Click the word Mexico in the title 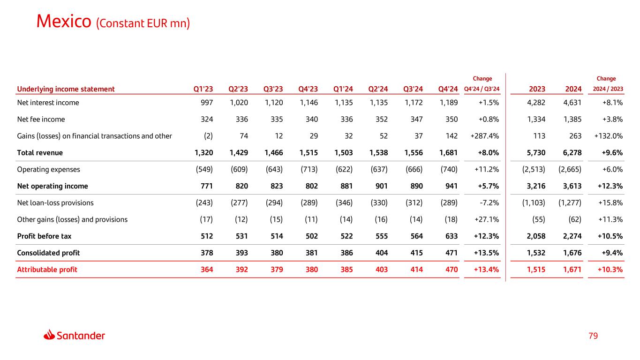(x=64, y=21)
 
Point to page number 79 (x=593, y=336)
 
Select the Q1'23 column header (x=203, y=89)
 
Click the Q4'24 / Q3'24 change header (x=482, y=90)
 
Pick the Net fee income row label (x=41, y=119)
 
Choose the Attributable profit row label (x=47, y=270)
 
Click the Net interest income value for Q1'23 (x=206, y=103)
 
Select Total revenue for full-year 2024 (x=571, y=153)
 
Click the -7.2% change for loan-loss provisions (x=489, y=203)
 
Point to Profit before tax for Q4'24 (x=450, y=236)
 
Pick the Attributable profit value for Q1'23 (x=206, y=270)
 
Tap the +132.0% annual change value (x=609, y=136)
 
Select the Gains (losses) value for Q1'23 (x=208, y=136)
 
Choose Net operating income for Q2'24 (x=380, y=186)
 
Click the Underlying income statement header (x=66, y=89)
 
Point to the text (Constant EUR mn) (x=143, y=23)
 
